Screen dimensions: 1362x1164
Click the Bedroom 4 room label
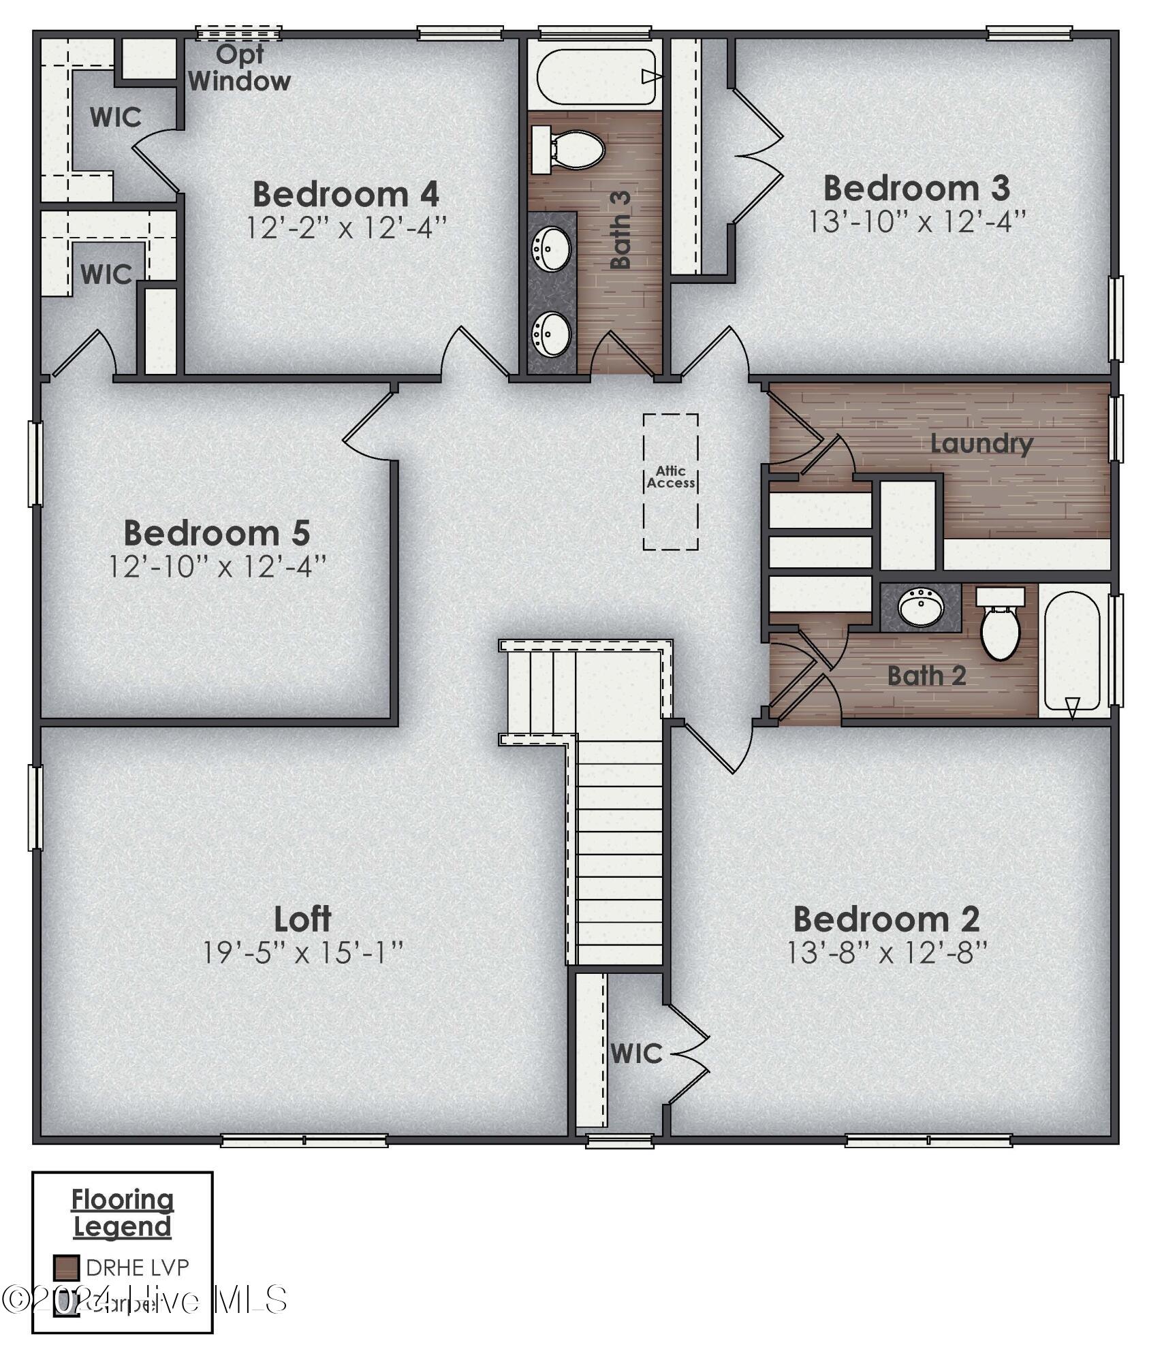click(345, 195)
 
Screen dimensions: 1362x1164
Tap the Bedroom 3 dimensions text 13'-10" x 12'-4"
click(916, 222)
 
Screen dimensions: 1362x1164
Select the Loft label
click(302, 919)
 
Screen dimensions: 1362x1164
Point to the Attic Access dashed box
click(670, 481)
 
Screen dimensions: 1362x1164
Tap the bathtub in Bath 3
click(596, 76)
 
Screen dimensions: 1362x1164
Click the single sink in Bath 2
click(921, 607)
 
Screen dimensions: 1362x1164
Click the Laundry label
click(981, 444)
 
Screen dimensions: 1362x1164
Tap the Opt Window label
click(239, 68)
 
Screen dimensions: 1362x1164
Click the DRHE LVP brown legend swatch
click(67, 1267)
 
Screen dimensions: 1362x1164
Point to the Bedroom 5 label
click(217, 533)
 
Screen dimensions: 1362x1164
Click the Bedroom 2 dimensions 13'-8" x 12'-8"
click(887, 953)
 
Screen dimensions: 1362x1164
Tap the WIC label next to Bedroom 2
click(636, 1054)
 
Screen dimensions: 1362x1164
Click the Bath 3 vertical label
click(620, 229)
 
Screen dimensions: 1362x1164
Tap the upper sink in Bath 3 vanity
click(551, 249)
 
